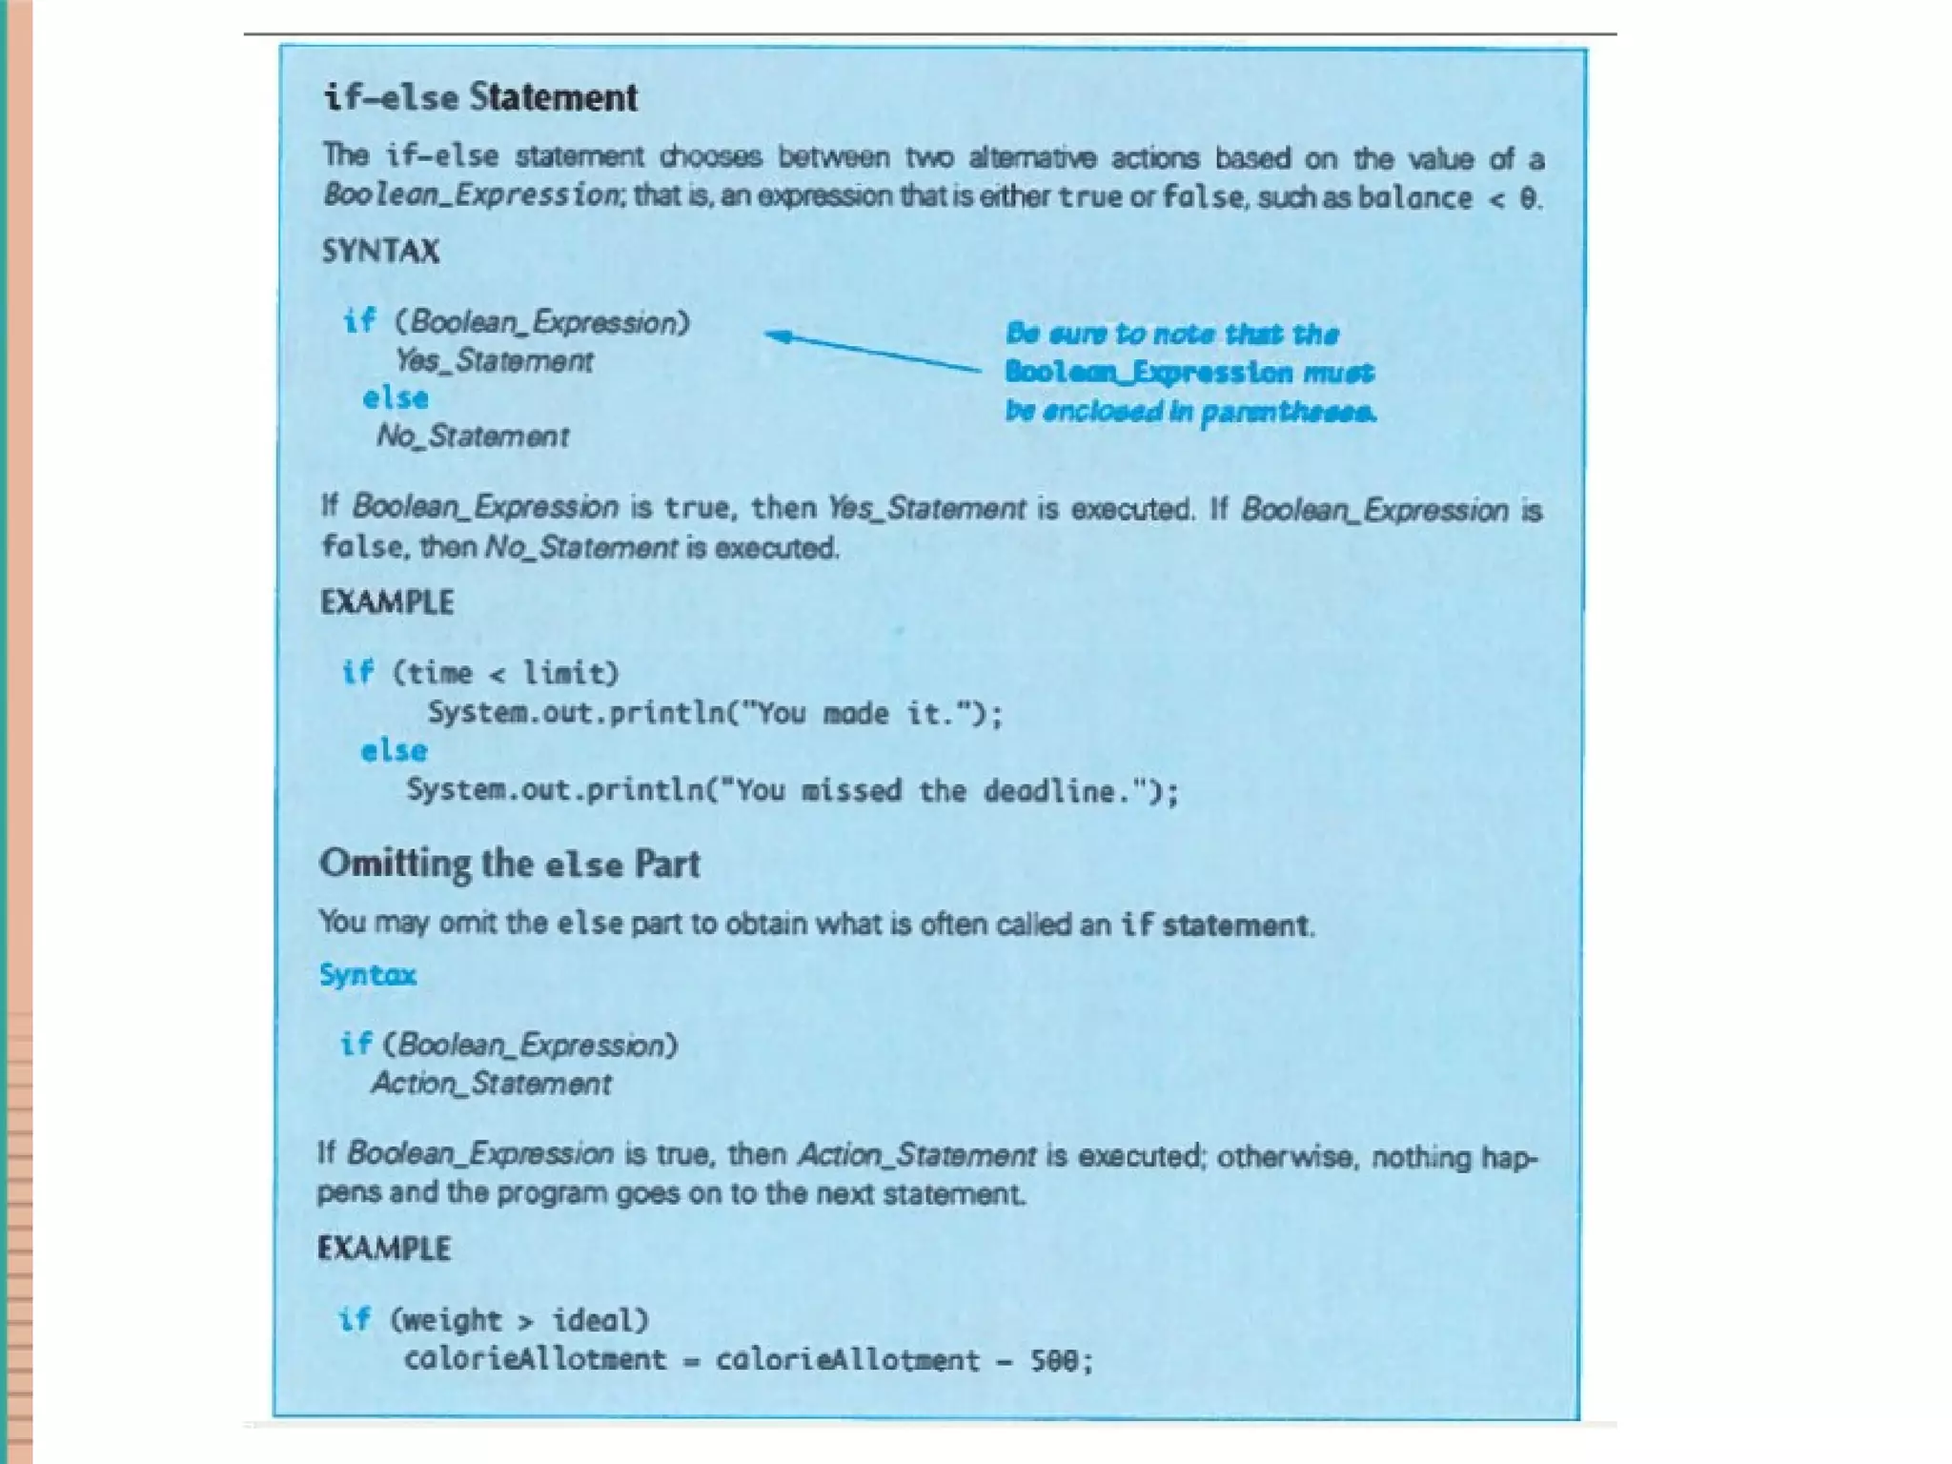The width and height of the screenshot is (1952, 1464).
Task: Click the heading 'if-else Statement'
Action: point(480,97)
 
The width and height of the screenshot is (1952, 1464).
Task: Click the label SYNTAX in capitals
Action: point(380,251)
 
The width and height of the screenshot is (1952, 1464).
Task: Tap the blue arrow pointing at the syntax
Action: point(872,352)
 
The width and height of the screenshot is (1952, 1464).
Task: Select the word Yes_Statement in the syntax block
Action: point(494,360)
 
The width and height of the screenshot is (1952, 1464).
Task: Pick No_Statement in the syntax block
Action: point(473,436)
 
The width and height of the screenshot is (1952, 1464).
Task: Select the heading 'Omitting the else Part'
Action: point(509,864)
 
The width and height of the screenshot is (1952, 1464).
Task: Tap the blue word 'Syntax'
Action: point(368,974)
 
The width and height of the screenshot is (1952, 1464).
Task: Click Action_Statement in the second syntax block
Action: point(491,1083)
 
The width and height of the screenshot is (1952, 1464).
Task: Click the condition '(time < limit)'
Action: point(505,673)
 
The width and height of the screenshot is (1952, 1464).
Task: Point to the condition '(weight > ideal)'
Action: point(519,1320)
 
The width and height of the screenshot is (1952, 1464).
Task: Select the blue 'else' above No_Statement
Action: point(396,397)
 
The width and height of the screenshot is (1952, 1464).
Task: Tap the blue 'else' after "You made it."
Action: point(394,751)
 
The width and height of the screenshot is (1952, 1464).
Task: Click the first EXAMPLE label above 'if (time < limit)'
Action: point(387,602)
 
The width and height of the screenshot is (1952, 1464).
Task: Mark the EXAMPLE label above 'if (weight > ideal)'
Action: point(384,1248)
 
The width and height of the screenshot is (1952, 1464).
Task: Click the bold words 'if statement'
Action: point(1215,925)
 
